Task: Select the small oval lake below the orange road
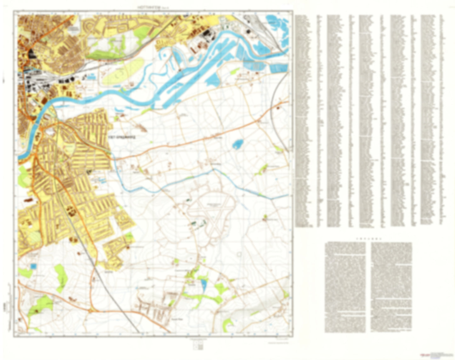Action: [x=237, y=144]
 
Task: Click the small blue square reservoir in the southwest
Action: [x=33, y=266]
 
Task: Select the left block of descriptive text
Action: [x=345, y=287]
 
